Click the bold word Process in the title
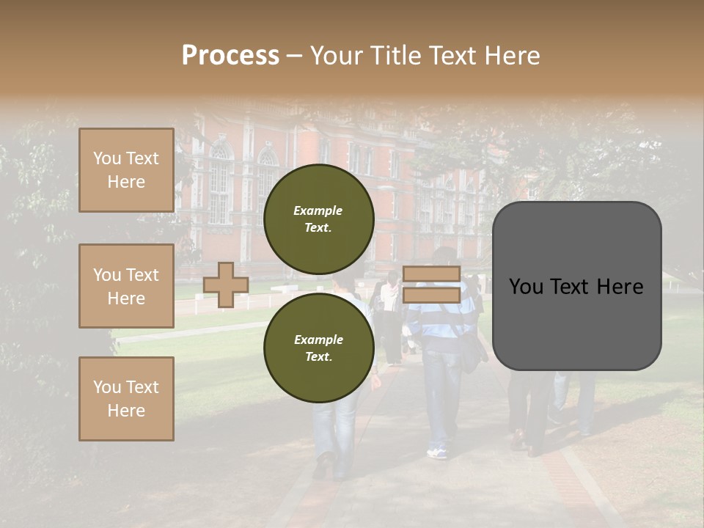tap(230, 55)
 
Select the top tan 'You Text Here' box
tap(126, 170)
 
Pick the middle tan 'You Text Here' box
tap(126, 286)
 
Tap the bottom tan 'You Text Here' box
tap(126, 398)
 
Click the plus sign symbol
tap(225, 285)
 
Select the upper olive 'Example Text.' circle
tap(319, 219)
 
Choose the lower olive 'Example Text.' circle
tap(319, 348)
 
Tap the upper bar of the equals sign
tap(431, 274)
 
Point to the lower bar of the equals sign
tap(431, 295)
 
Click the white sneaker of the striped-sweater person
tap(437, 452)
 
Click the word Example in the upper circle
tap(318, 210)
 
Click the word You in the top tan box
tap(107, 158)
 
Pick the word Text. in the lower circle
tap(318, 356)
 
